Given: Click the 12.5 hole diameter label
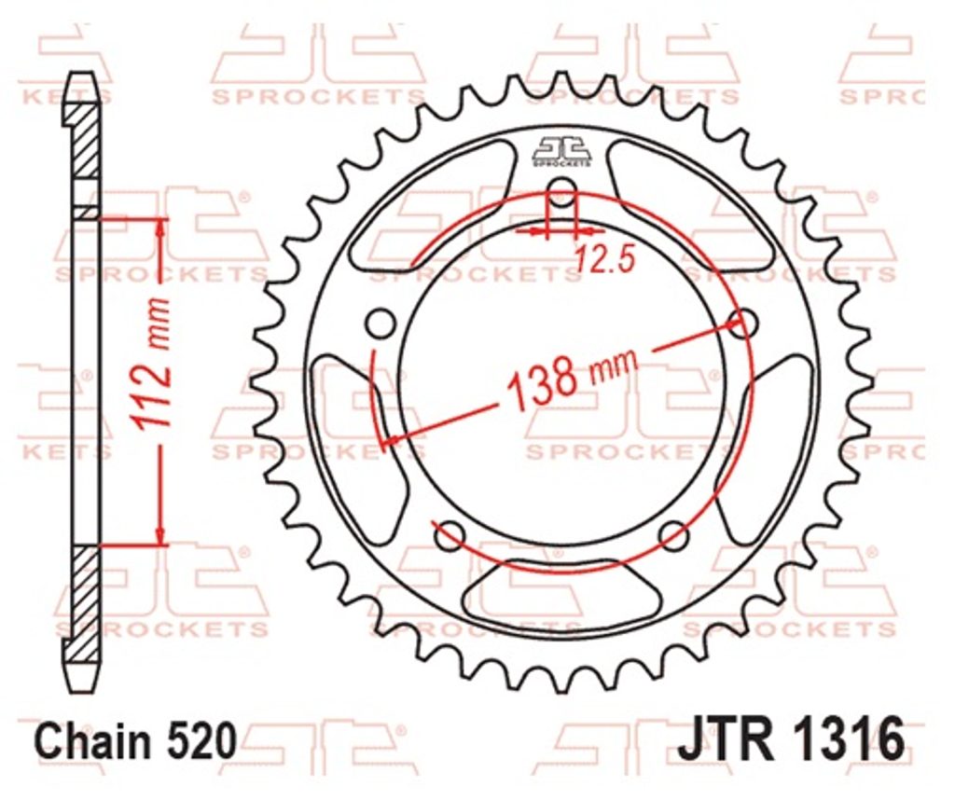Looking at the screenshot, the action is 604,259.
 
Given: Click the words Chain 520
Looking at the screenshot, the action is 135,740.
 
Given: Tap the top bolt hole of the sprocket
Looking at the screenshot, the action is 562,186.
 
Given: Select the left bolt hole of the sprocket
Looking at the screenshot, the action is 381,324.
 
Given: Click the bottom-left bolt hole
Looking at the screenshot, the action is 450,534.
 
